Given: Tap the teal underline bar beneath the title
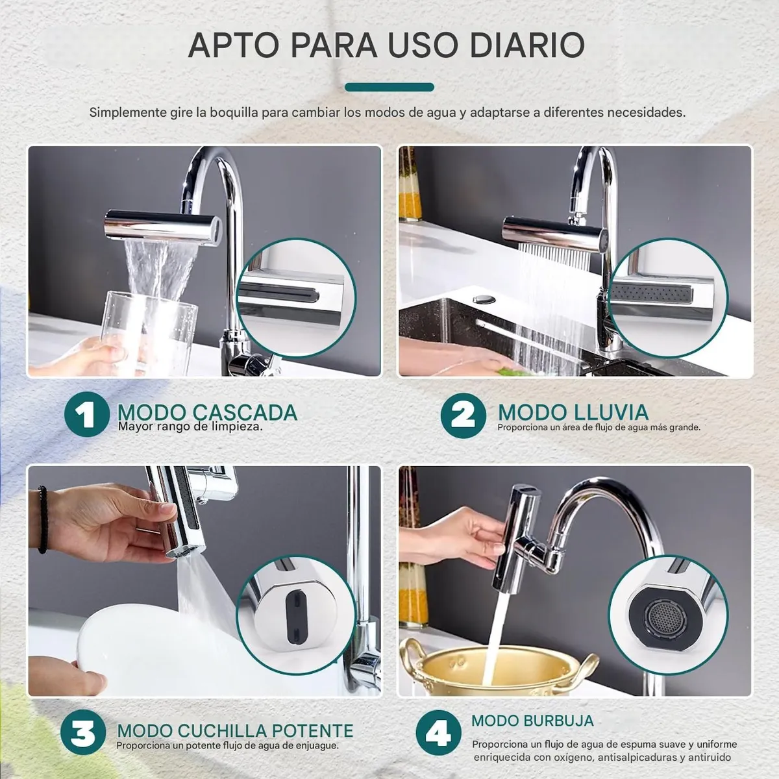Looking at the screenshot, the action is (x=389, y=87).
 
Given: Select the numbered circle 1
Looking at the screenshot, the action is (x=87, y=414).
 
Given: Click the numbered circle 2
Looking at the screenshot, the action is (x=464, y=415).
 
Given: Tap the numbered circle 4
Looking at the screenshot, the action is (x=438, y=732).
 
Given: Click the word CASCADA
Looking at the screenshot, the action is (x=245, y=412).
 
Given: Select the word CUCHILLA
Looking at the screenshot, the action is (x=223, y=730).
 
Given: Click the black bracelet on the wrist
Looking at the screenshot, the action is (x=43, y=520).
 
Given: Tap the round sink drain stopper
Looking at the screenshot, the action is (x=484, y=299).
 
